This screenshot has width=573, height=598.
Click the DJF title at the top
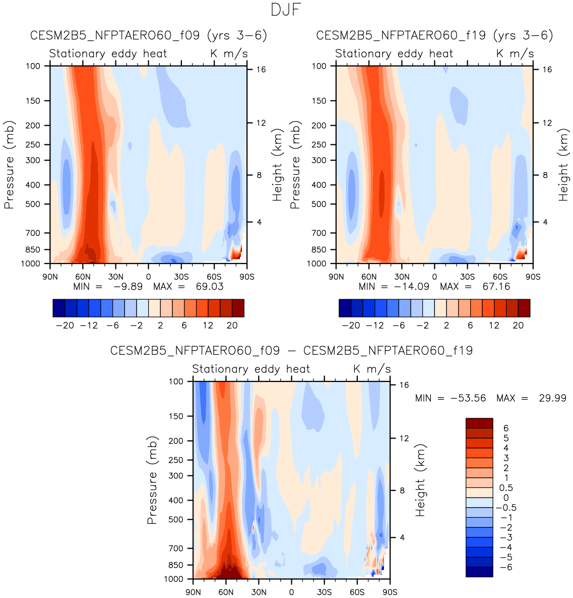(286, 10)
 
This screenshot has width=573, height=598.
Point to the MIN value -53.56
(472, 398)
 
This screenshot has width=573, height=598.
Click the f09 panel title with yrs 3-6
(149, 36)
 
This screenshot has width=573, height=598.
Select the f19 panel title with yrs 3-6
(434, 36)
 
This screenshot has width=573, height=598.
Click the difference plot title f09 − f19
(291, 351)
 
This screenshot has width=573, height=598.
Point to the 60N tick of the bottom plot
(226, 592)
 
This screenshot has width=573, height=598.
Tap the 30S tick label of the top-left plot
(181, 277)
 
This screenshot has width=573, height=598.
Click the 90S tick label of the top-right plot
(533, 277)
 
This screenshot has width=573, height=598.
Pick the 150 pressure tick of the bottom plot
(175, 416)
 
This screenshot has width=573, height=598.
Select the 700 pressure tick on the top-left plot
(32, 233)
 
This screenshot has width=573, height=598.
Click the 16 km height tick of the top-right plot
(547, 70)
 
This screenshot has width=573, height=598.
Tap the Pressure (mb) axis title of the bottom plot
(152, 480)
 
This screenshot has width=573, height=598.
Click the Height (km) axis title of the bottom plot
(420, 480)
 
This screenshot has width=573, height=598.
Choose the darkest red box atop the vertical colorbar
(479, 423)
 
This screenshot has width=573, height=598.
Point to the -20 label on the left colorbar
(65, 325)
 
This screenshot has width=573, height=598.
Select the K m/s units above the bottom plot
(371, 369)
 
